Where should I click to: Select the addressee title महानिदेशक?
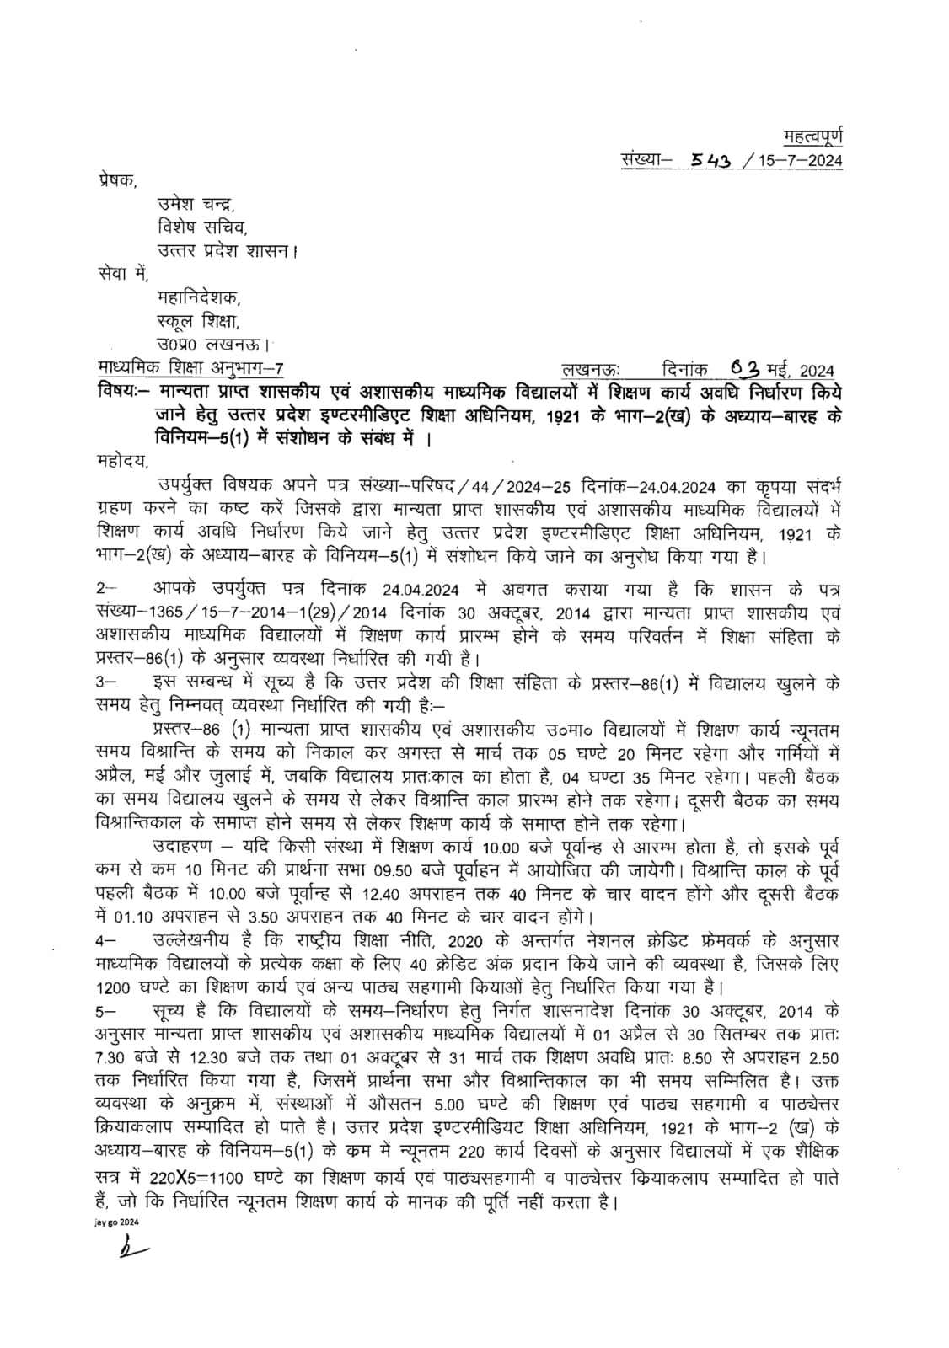[199, 297]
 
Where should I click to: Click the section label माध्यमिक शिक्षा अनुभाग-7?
[190, 368]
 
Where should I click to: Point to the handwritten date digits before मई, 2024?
[747, 368]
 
